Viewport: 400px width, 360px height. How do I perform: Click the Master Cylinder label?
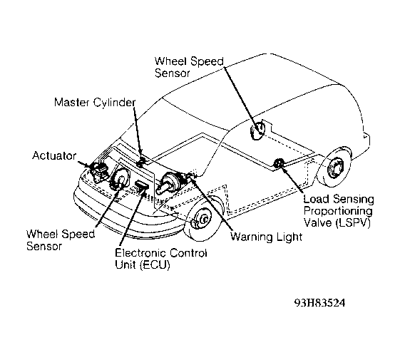point(95,103)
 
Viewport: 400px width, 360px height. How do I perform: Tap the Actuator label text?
point(54,155)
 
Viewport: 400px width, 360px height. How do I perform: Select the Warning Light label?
point(266,237)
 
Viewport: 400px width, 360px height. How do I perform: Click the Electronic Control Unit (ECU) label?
point(161,259)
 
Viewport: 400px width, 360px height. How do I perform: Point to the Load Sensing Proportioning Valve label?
point(339,211)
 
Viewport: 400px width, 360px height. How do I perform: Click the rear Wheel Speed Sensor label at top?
point(189,67)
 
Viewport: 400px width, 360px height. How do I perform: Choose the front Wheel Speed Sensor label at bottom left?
point(61,240)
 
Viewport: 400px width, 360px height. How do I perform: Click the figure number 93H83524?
point(320,303)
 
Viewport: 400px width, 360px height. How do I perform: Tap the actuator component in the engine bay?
point(100,171)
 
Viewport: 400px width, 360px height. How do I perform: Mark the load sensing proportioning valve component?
point(278,163)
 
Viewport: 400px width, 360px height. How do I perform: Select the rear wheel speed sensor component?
point(257,130)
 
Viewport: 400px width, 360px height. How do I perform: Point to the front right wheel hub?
point(202,220)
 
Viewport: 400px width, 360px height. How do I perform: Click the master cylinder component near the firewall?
point(141,162)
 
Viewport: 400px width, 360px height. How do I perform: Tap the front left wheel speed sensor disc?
point(119,180)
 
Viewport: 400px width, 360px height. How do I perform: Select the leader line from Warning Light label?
point(212,204)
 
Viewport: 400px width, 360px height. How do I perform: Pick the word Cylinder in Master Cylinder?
point(114,103)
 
